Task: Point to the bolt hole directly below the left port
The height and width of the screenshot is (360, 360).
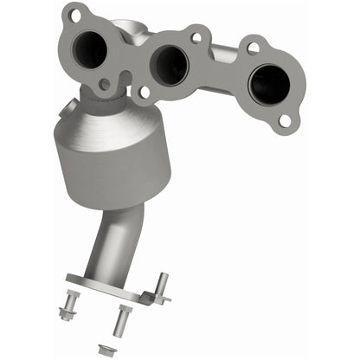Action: coord(104,85)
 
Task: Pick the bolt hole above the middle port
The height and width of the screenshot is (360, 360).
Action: coord(196,38)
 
